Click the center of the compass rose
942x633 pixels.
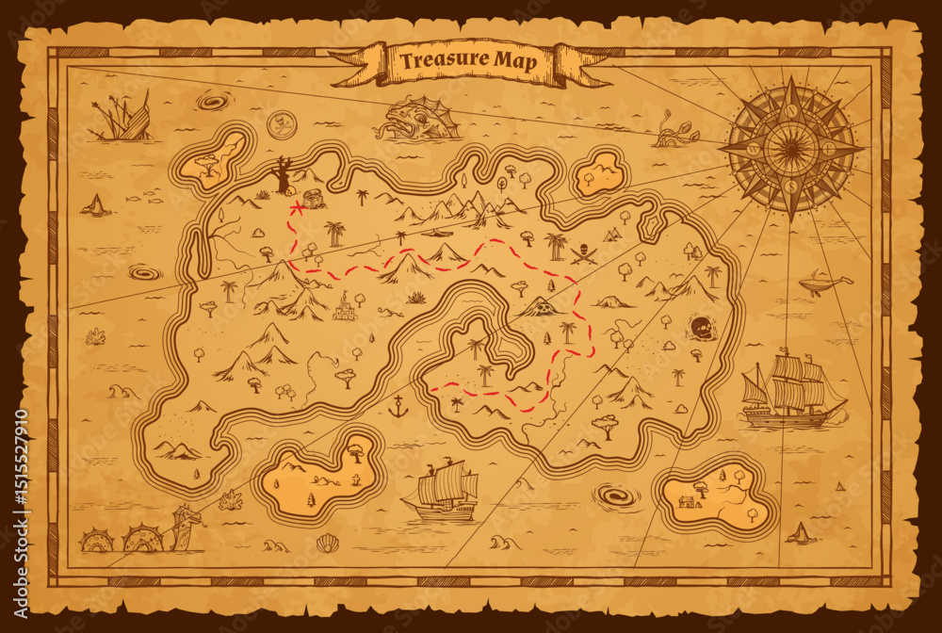coord(791,147)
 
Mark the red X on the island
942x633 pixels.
coord(296,206)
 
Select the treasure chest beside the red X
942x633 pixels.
coord(314,198)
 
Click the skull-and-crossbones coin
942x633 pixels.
coord(278,122)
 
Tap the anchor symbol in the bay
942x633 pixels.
coord(398,408)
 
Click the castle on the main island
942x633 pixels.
coord(346,306)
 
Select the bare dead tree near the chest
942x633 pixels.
coord(283,176)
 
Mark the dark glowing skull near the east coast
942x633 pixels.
coord(699,328)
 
